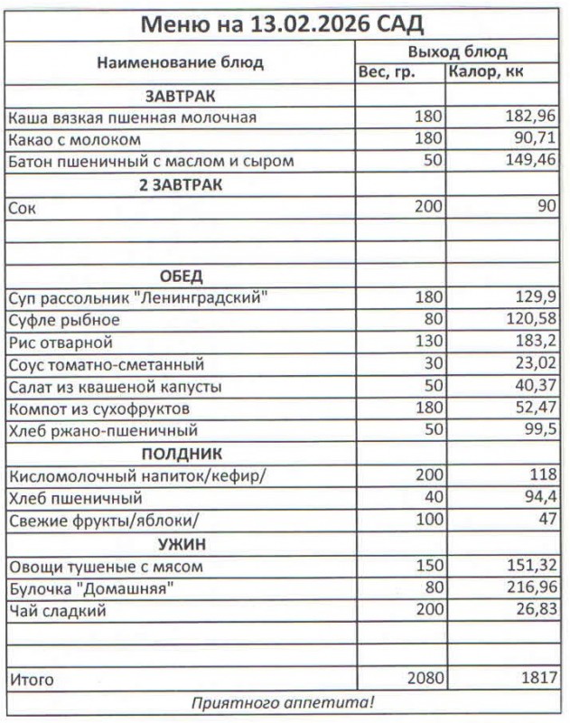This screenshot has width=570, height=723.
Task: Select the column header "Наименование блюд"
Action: [180, 62]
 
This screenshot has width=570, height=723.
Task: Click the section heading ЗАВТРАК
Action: [180, 96]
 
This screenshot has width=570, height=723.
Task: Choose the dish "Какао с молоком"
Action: [75, 140]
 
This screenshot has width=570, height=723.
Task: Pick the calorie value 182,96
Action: [531, 117]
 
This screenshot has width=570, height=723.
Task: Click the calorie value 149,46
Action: [531, 162]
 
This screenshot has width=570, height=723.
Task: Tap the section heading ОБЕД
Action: [181, 276]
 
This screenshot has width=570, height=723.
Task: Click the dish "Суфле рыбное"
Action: [63, 320]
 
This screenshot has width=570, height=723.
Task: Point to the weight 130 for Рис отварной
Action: [429, 343]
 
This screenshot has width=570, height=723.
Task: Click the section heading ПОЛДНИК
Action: [181, 454]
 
